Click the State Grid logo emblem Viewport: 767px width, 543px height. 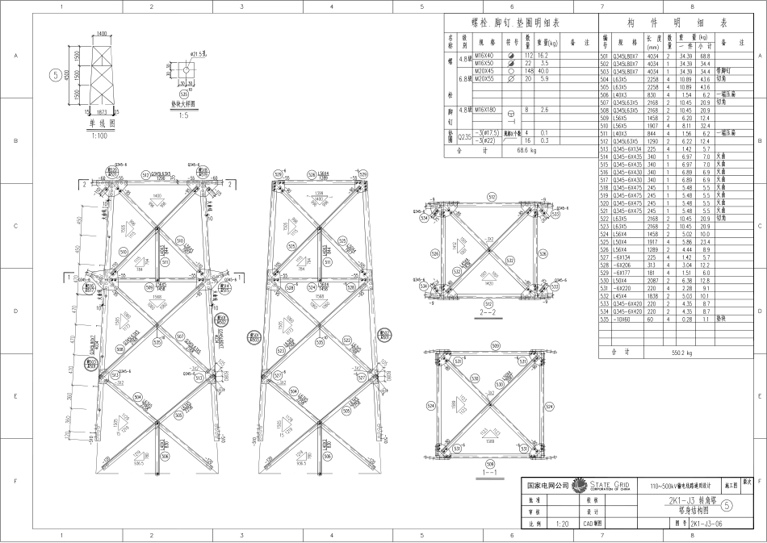point(578,486)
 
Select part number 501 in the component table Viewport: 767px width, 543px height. point(605,56)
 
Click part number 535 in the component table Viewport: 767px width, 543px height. point(605,320)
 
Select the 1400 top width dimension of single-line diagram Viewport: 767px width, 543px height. point(101,34)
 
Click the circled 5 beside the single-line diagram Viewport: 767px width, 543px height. point(54,75)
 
